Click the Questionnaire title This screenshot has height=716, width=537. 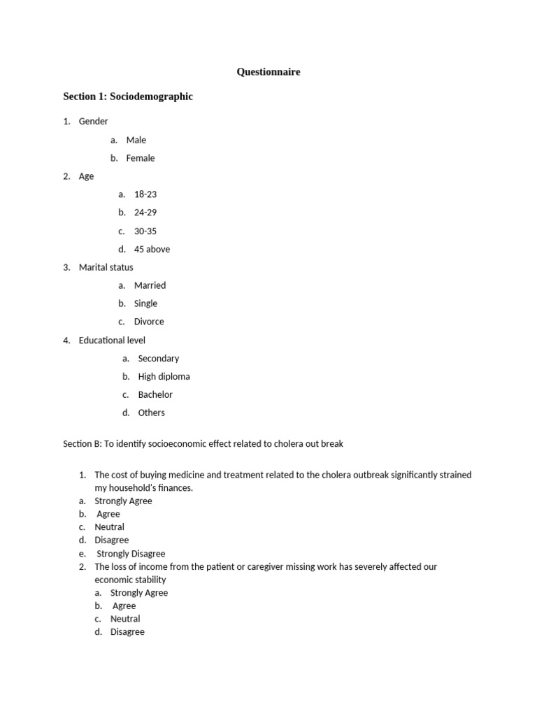268,71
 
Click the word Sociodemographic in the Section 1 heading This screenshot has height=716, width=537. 151,96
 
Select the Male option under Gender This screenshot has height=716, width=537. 136,140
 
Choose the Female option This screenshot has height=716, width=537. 141,158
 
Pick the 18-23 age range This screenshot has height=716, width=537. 145,194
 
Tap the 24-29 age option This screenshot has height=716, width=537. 145,213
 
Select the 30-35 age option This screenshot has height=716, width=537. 145,231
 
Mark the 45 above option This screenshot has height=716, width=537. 152,249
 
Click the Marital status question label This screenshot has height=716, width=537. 106,267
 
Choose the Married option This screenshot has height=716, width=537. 150,285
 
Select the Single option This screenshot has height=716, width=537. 145,303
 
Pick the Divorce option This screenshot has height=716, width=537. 149,322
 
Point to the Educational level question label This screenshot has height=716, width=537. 112,340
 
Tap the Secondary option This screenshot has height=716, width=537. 159,358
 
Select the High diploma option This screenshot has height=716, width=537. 164,376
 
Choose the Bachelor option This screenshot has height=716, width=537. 155,394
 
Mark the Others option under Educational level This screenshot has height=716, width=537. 152,413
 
